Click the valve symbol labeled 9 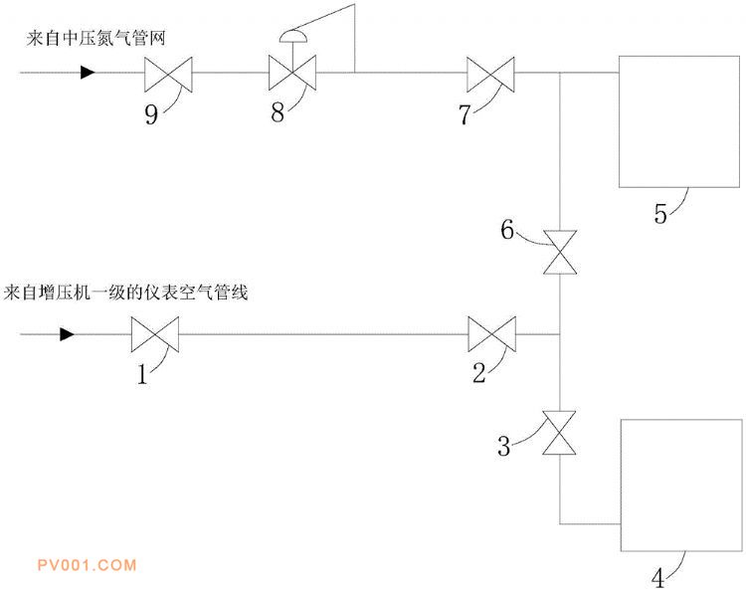[168, 75]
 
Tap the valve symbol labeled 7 [490, 75]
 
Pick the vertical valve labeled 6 [560, 252]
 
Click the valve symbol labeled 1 [155, 334]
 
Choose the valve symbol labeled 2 [492, 334]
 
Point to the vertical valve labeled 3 [559, 433]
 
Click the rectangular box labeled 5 [679, 121]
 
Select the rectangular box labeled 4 [681, 486]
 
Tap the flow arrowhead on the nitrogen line [88, 73]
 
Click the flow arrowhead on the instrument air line [67, 334]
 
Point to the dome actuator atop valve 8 [292, 36]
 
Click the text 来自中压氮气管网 [96, 38]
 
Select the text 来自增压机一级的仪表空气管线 [125, 293]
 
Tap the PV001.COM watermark [88, 565]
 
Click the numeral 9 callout [151, 114]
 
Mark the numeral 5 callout [660, 214]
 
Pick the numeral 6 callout [507, 230]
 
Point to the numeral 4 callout [657, 579]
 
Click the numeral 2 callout [479, 373]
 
